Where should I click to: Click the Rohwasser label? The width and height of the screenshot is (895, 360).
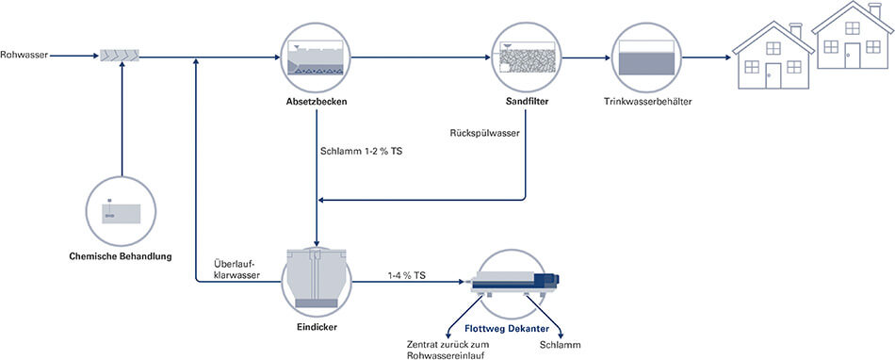[x=22, y=56]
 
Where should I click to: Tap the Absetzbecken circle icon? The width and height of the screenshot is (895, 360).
[x=317, y=57]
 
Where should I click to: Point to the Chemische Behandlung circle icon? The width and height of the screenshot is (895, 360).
[x=122, y=211]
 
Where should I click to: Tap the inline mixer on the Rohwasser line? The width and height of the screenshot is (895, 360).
[x=122, y=57]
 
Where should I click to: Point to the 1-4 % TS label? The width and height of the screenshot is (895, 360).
[x=406, y=274]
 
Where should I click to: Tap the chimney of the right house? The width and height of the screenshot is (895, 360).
[x=875, y=11]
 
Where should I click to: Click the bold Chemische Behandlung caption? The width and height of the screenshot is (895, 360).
[x=121, y=255]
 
